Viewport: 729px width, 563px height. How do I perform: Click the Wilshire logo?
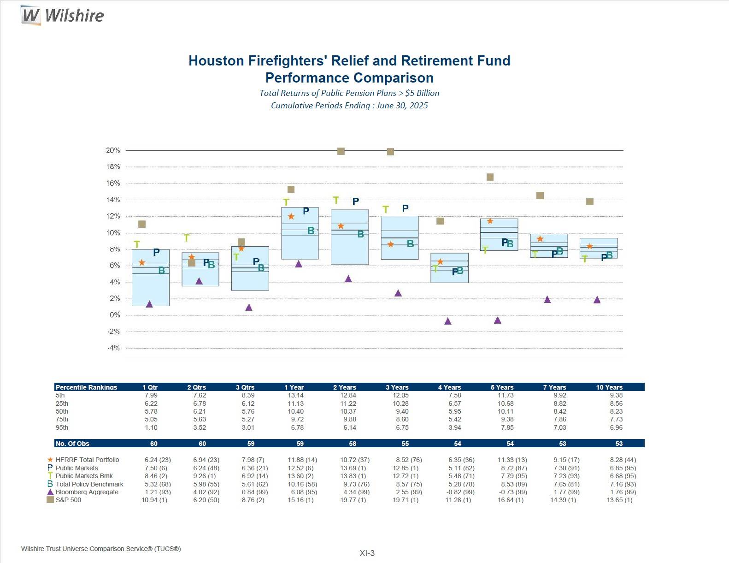click(x=62, y=15)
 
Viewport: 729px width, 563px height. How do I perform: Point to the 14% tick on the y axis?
click(x=113, y=200)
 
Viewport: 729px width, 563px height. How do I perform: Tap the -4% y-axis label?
click(x=113, y=348)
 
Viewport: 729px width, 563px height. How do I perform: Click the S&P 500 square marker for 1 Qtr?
click(x=142, y=224)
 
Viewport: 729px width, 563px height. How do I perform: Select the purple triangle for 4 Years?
click(x=448, y=321)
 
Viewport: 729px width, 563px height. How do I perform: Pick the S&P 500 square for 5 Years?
click(x=490, y=177)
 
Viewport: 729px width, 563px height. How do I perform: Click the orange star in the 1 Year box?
click(x=291, y=217)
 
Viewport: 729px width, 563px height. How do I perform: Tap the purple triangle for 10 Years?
click(x=597, y=300)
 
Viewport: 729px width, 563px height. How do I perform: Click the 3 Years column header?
click(x=397, y=387)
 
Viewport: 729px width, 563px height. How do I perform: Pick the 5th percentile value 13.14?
click(x=295, y=395)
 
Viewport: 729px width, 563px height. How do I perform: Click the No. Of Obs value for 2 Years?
click(x=353, y=444)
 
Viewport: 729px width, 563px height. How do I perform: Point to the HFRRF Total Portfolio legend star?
click(x=50, y=460)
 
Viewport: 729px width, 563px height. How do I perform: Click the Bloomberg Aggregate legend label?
click(x=87, y=492)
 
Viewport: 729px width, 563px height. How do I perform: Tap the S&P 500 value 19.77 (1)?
click(x=353, y=500)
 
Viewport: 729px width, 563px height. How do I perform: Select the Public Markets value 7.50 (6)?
click(x=156, y=468)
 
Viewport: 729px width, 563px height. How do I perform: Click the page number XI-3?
click(x=367, y=553)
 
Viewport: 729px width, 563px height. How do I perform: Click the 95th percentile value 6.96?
click(x=616, y=427)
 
